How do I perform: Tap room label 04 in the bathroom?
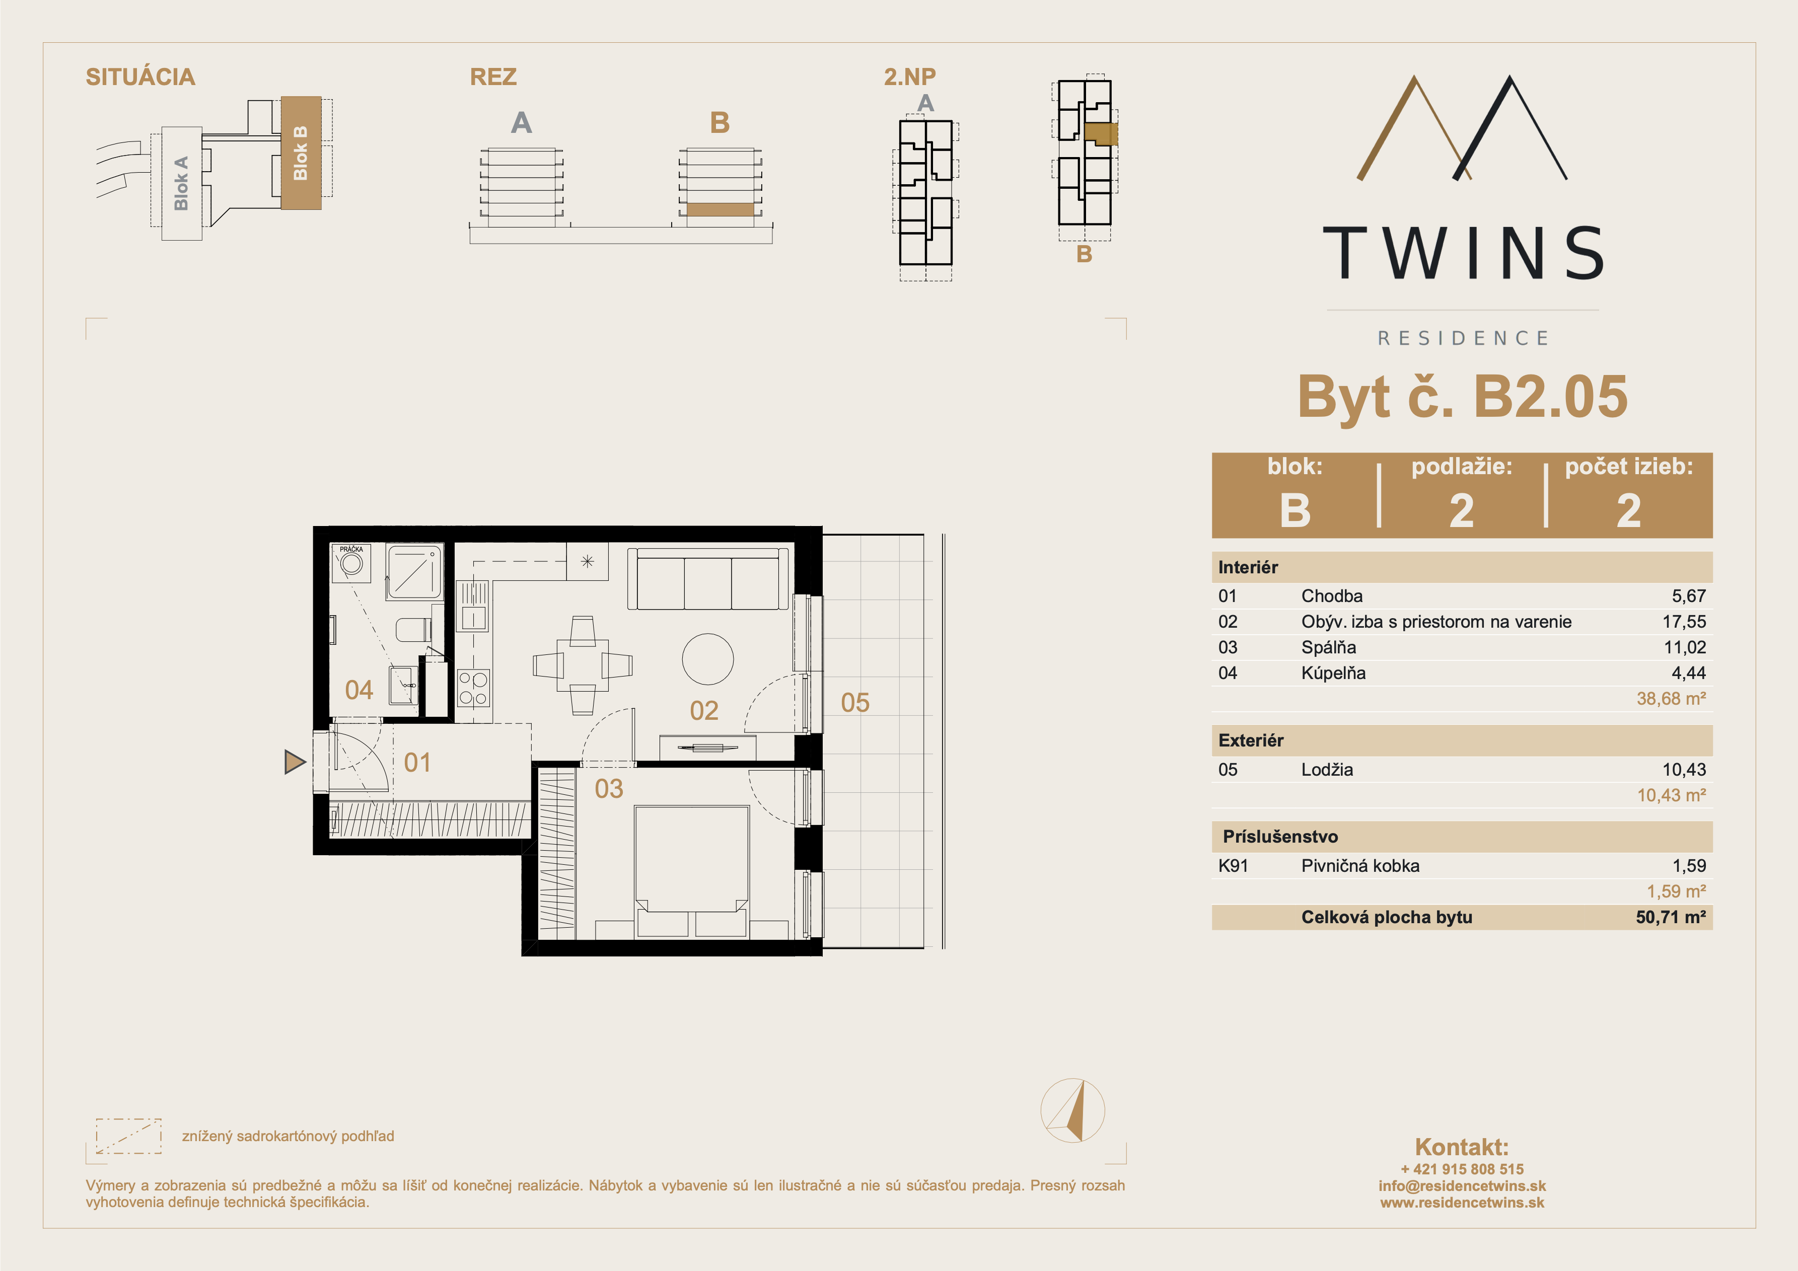358,690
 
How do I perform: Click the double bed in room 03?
691,871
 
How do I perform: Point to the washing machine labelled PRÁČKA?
351,563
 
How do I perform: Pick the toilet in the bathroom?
413,630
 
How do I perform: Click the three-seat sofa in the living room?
708,579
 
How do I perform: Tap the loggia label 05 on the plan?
855,703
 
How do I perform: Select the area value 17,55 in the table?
1684,622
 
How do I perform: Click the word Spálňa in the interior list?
1329,648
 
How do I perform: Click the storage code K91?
1234,866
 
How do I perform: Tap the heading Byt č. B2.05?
1462,396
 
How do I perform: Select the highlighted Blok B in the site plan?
301,153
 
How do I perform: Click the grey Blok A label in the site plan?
181,183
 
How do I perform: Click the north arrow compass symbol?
1073,1110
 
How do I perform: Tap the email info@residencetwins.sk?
1462,1185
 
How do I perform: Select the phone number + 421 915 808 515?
1462,1169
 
